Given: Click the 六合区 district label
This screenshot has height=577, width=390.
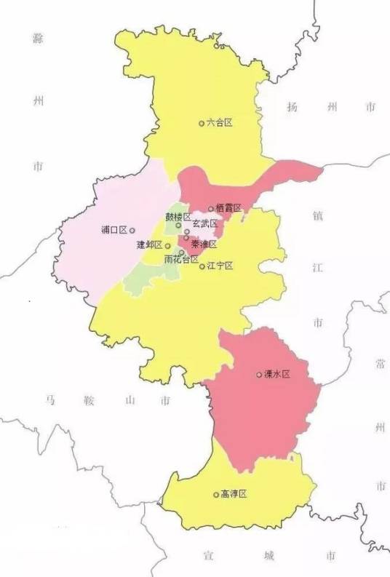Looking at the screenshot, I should (x=220, y=124).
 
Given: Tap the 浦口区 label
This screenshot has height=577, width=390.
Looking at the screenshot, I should (x=114, y=230).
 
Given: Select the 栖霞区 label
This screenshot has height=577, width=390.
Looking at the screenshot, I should (x=228, y=209).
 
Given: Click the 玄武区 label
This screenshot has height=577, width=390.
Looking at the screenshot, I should (x=204, y=224).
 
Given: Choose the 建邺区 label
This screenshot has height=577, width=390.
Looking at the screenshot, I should (x=149, y=245).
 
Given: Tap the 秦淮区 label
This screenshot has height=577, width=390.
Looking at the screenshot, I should (x=204, y=244).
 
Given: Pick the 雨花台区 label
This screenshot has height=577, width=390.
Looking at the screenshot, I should (x=180, y=259).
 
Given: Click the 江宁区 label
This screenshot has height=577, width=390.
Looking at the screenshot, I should (x=220, y=266).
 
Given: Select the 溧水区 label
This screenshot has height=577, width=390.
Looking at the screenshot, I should (x=277, y=374).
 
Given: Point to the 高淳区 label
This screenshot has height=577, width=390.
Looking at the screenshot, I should (x=234, y=494).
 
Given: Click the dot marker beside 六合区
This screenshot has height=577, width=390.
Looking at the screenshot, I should (x=202, y=124).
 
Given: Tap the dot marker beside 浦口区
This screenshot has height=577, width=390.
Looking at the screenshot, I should (x=132, y=230).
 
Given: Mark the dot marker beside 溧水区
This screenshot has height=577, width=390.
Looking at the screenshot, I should (x=259, y=375).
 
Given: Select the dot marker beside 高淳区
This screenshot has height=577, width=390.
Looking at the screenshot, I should (x=216, y=495).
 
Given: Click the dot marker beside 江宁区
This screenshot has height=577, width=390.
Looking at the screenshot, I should (x=202, y=266).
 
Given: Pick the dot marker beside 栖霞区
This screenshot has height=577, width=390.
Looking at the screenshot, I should (x=211, y=209).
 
